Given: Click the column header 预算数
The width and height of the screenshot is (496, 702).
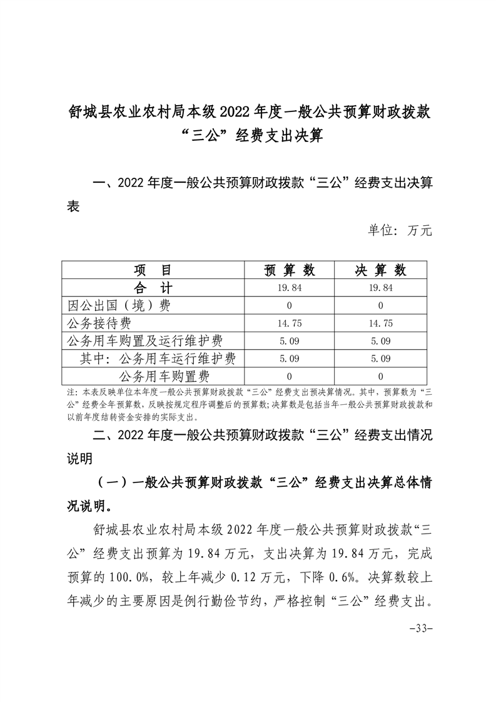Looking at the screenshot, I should [290, 270].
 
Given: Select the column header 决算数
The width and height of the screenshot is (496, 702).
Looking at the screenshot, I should [381, 270].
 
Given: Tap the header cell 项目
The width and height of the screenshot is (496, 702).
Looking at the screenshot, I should [153, 270].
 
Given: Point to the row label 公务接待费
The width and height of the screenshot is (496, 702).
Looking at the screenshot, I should [98, 323].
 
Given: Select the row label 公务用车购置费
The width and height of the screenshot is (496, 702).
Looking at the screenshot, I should [164, 376].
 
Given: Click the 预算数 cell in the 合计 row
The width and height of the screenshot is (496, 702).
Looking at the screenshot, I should [290, 288].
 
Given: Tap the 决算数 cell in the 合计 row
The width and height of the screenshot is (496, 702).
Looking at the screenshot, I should [381, 288].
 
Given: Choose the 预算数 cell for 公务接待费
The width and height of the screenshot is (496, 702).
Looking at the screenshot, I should [290, 323].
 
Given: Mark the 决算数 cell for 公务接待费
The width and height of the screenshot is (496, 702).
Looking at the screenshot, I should [381, 323].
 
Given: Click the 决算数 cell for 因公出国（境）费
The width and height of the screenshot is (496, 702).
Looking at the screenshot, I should [381, 306].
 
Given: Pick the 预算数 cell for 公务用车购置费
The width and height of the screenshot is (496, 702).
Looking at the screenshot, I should [290, 377].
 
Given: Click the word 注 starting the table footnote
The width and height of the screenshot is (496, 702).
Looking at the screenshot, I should [69, 392].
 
